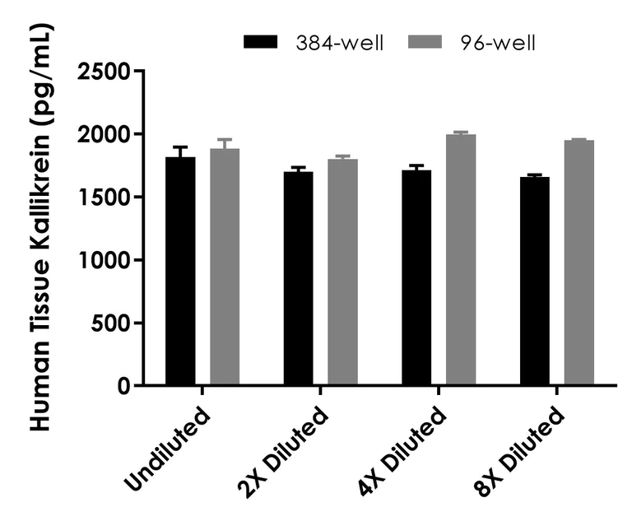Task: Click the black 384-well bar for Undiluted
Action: [x=180, y=272]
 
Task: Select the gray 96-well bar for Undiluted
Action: [x=224, y=267]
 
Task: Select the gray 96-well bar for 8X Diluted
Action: [x=579, y=263]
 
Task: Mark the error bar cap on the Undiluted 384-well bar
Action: [x=180, y=147]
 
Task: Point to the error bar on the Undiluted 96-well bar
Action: [x=224, y=143]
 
